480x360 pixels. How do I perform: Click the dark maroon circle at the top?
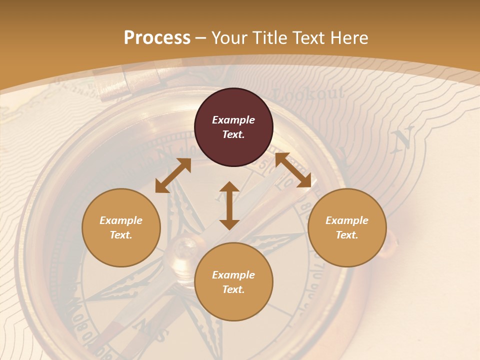tap(233, 127)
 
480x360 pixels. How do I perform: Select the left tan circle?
tap(121, 227)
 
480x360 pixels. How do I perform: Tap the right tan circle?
tap(347, 227)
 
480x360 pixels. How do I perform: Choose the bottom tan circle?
tap(233, 282)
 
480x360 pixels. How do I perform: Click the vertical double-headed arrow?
tap(229, 205)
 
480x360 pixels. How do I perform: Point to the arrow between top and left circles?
tap(173, 175)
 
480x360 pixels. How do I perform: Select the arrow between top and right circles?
tap(293, 170)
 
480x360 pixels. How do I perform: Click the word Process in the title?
tap(157, 37)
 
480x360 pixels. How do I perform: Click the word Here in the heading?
tap(349, 37)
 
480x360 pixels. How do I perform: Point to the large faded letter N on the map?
tap(403, 138)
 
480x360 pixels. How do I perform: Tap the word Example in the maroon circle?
tap(233, 120)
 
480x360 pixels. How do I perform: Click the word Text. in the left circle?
tap(121, 235)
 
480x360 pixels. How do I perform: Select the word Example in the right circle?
tap(347, 220)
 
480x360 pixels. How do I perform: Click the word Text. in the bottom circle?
tap(233, 289)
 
